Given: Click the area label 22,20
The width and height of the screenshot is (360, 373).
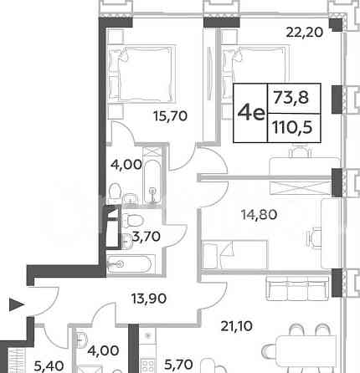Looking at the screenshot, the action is [305, 33].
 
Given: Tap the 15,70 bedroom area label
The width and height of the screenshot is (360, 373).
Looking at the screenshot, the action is [171, 116].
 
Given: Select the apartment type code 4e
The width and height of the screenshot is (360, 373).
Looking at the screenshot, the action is [250, 113].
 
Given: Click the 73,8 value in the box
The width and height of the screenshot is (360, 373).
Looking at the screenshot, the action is [291, 98].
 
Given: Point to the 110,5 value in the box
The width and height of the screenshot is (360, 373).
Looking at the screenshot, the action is [292, 128].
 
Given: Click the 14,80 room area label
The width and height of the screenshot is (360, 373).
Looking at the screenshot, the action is [260, 215].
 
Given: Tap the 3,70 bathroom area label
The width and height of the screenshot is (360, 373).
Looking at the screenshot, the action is [147, 237].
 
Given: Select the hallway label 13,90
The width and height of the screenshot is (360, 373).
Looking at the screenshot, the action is [149, 299].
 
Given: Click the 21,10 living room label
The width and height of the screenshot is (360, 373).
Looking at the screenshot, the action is [237, 326].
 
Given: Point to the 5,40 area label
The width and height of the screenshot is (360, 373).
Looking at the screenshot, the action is [49, 365].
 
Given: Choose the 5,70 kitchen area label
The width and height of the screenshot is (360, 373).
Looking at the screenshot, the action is [178, 365].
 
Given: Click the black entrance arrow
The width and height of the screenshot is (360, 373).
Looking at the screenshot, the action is [17, 304].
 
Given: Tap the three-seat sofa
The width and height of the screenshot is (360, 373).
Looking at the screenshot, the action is [297, 289].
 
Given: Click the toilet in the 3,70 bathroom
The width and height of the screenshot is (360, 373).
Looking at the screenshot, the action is [133, 220].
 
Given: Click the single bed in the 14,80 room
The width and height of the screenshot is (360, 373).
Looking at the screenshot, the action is [235, 255].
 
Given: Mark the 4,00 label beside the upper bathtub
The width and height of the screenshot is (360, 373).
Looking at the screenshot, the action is [126, 165].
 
